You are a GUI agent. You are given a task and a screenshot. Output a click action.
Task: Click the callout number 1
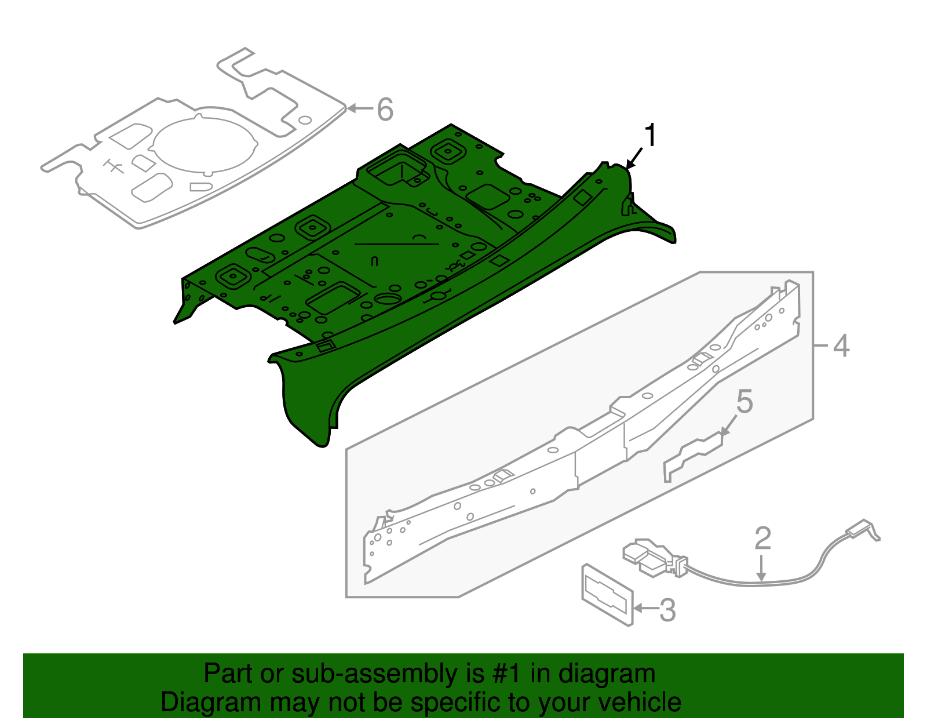651,136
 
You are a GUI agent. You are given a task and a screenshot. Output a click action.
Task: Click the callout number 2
762,538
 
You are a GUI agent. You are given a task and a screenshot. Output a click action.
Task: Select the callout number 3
667,610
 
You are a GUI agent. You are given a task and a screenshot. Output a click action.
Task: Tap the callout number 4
841,346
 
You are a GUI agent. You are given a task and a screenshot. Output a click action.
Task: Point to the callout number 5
744,402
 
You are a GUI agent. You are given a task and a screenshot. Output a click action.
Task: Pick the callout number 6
385,109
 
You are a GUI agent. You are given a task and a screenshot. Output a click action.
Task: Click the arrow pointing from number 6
359,108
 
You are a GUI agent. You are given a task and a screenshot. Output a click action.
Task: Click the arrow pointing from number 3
645,608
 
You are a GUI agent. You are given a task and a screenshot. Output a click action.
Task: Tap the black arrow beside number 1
634,158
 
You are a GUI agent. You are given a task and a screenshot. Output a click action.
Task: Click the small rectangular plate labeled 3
607,594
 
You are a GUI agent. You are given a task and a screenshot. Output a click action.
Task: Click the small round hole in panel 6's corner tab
305,120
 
